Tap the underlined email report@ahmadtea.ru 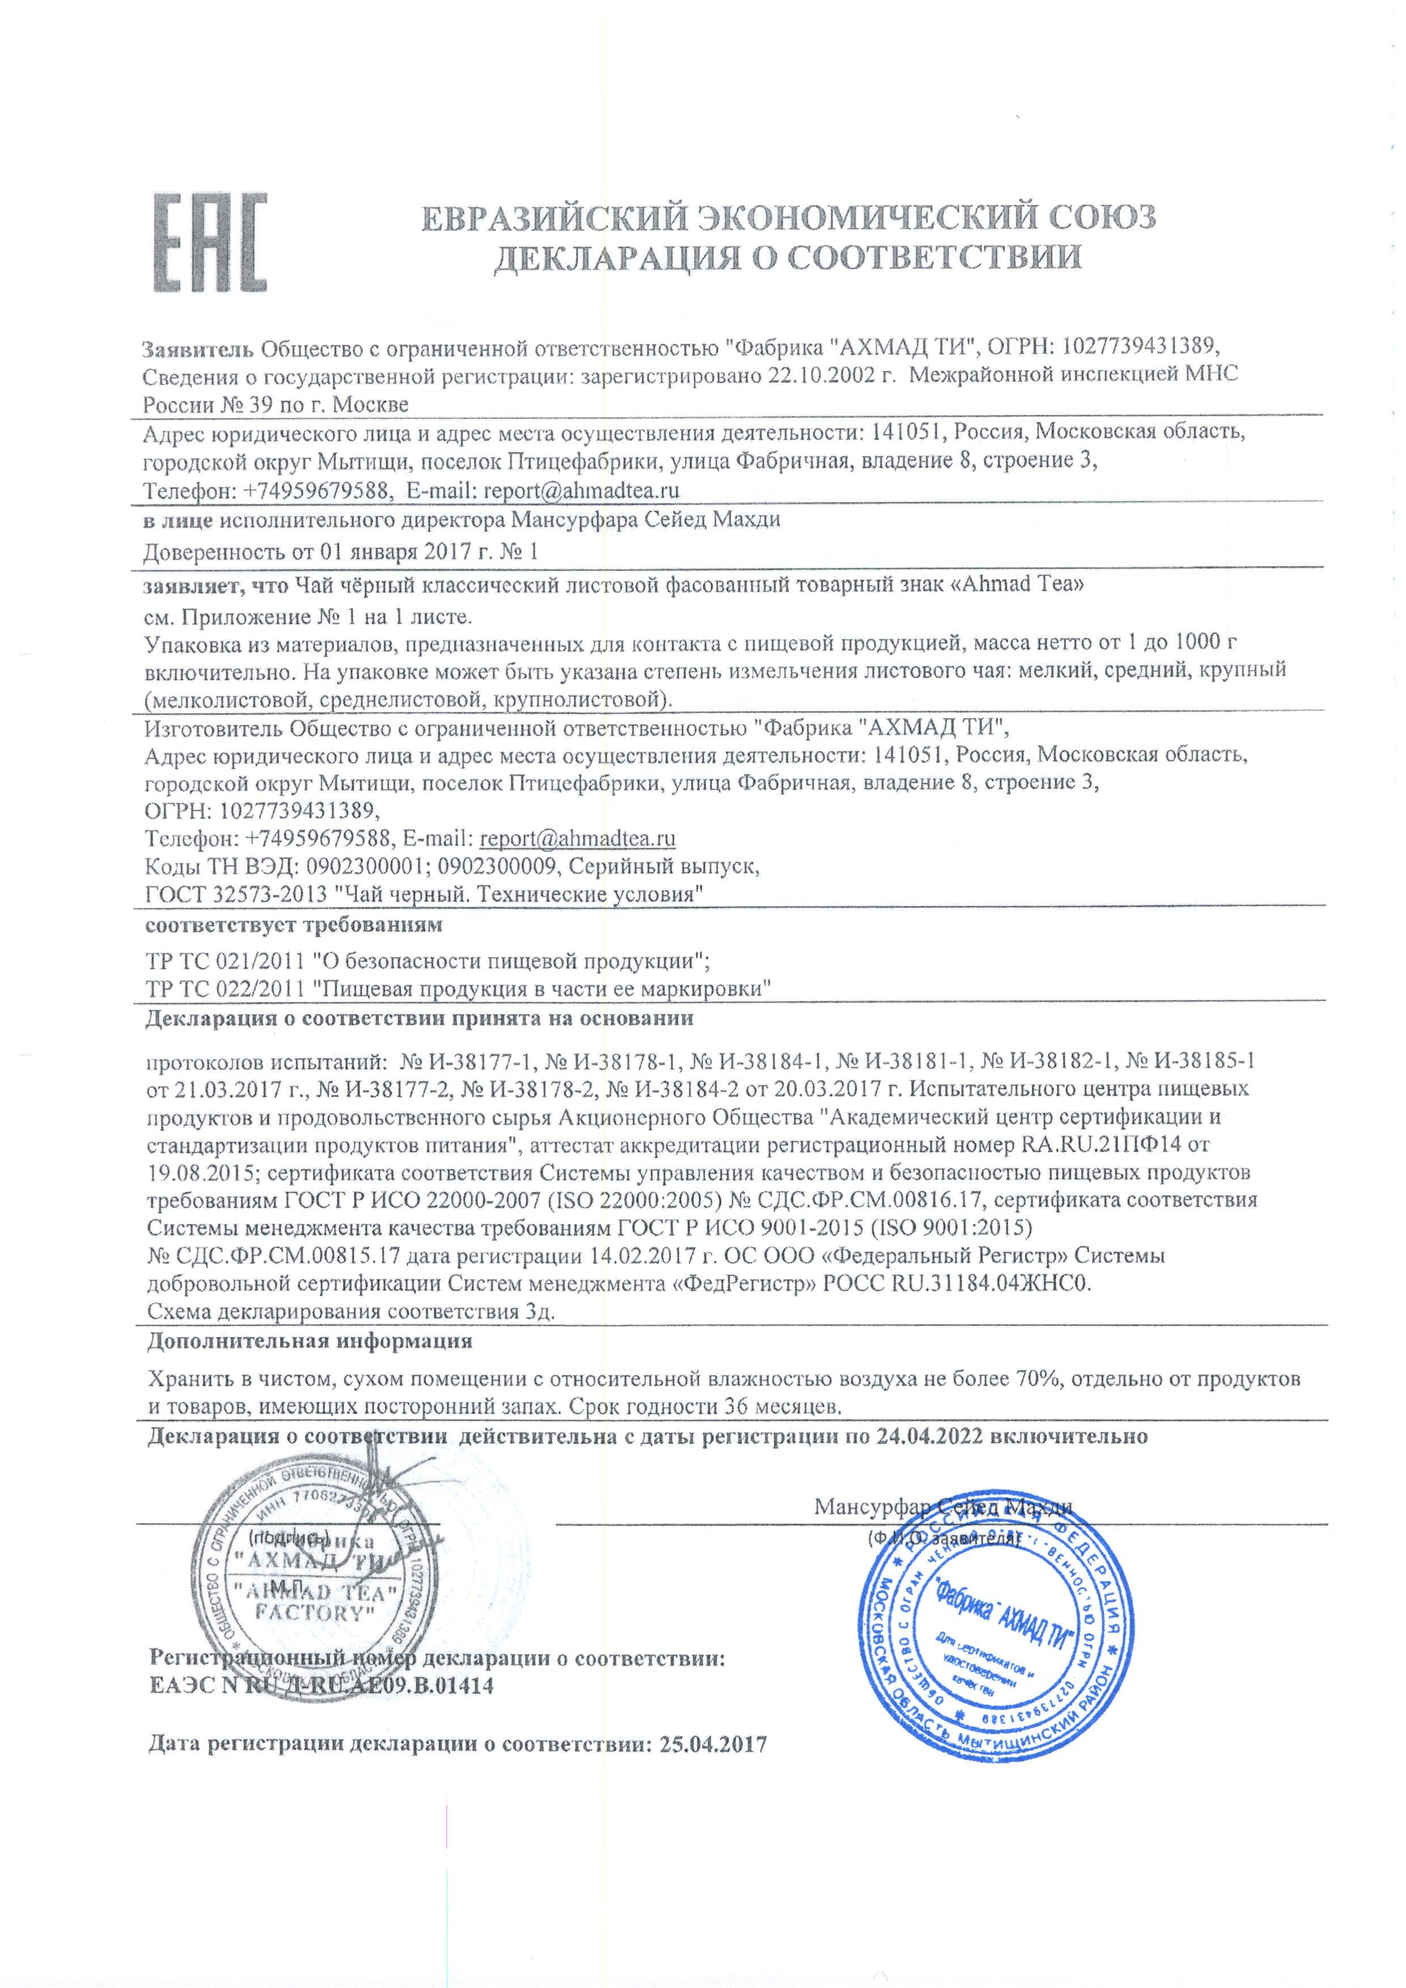[577, 838]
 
